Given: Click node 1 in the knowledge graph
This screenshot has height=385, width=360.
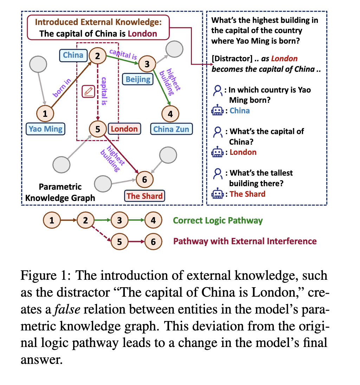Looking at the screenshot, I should click(x=45, y=113).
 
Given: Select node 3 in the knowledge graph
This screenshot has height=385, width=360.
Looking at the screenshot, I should click(x=147, y=64).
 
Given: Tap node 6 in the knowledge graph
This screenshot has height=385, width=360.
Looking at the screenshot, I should click(x=144, y=179).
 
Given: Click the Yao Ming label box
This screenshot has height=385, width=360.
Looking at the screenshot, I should click(x=45, y=129).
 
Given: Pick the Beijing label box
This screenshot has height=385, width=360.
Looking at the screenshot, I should click(x=138, y=79).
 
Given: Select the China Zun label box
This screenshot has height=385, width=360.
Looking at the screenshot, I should click(x=171, y=129).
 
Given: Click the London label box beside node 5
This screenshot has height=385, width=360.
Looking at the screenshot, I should click(x=124, y=129).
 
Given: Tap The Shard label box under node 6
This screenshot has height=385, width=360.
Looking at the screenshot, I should click(x=144, y=196).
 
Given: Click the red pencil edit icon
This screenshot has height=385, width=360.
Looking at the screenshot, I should click(x=88, y=91).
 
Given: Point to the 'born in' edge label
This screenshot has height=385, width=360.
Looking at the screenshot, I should click(x=62, y=88).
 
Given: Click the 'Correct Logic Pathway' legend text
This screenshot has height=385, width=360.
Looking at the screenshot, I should click(x=218, y=221).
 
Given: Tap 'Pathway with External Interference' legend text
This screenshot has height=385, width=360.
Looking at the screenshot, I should click(x=245, y=241).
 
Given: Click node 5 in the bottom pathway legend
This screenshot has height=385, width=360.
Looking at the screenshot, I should click(x=120, y=241).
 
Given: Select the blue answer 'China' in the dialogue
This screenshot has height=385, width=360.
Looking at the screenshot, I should click(x=240, y=111).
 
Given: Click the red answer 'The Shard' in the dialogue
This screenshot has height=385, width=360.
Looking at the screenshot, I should click(x=247, y=194).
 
